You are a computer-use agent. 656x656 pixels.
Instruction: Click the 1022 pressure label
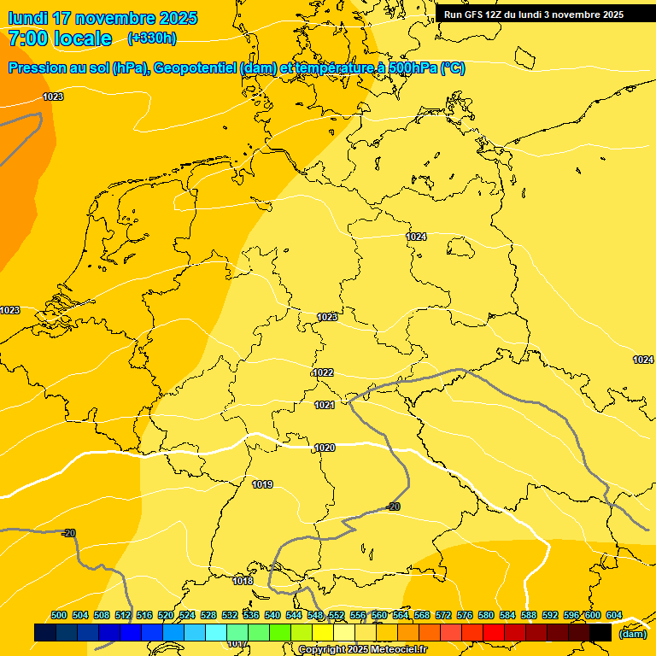pyautogui.click(x=323, y=372)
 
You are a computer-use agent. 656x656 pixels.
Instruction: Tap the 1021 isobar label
pyautogui.click(x=324, y=405)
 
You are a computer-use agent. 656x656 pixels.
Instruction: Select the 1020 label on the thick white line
pyautogui.click(x=325, y=448)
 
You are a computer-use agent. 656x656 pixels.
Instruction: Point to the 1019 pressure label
pyautogui.click(x=262, y=485)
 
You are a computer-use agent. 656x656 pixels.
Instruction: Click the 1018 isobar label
pyautogui.click(x=243, y=581)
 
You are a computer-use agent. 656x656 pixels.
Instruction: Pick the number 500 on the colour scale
pyautogui.click(x=59, y=615)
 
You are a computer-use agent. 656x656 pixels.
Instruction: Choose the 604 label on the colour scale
pyautogui.click(x=614, y=615)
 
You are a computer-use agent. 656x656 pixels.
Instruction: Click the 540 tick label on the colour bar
pyautogui.click(x=272, y=615)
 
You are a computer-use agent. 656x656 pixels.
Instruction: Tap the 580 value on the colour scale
pyautogui.click(x=486, y=615)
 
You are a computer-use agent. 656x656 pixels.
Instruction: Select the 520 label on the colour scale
pyautogui.click(x=166, y=615)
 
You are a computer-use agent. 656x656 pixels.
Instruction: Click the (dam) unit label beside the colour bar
pyautogui.click(x=632, y=634)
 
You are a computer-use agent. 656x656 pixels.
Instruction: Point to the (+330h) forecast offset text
pyautogui.click(x=152, y=38)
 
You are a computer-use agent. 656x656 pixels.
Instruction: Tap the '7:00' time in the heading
pyautogui.click(x=26, y=38)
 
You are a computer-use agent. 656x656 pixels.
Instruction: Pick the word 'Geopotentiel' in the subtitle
pyautogui.click(x=196, y=68)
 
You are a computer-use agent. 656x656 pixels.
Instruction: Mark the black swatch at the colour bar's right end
pyautogui.click(x=600, y=632)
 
